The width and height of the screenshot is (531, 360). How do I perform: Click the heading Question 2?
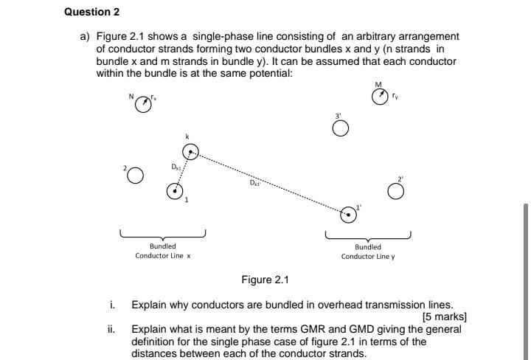[x=91, y=12]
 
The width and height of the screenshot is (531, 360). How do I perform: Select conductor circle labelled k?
[x=190, y=153]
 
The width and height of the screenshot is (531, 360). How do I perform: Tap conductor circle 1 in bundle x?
[x=174, y=191]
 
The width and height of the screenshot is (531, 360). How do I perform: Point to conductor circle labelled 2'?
[x=396, y=192]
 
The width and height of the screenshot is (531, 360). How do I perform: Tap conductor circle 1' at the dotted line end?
[x=347, y=215]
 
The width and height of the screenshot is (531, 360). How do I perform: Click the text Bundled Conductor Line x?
[x=163, y=251]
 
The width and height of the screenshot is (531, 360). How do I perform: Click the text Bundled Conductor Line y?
[x=368, y=252]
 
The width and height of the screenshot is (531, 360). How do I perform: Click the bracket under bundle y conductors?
[x=368, y=236]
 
